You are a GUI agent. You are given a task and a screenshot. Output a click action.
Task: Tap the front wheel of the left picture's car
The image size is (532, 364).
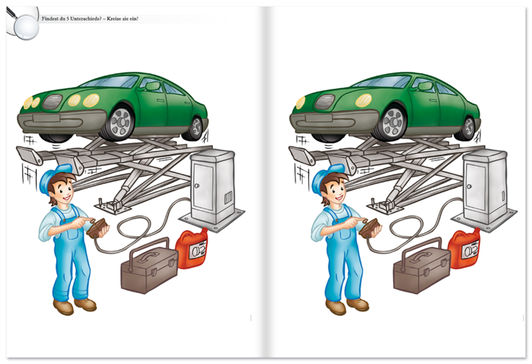tap(118, 122)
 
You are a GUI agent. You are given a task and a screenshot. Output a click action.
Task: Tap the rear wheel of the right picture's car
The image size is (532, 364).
tap(467, 127)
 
